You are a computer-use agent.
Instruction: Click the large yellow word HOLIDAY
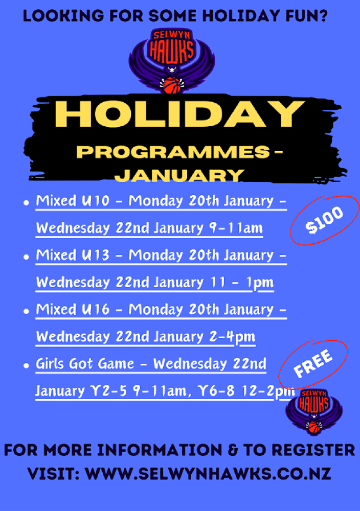coord(179,114)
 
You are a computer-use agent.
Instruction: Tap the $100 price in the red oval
coord(324,220)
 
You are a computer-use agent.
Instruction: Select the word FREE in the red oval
coord(313,363)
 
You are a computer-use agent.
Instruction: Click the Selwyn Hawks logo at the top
coord(172,61)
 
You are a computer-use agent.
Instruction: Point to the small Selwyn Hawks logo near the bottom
coord(314,411)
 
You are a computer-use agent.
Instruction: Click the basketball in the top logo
coord(172,85)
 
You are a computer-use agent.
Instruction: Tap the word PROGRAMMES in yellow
coord(173,152)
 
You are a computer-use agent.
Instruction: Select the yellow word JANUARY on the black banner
coord(179,176)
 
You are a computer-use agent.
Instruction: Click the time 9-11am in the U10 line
coord(236,228)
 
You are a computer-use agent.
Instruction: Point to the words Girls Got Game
coord(85,364)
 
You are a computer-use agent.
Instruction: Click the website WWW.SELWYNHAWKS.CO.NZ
coord(208,474)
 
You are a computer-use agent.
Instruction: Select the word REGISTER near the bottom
coord(313,450)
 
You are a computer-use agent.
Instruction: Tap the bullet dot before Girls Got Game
coord(27,366)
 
